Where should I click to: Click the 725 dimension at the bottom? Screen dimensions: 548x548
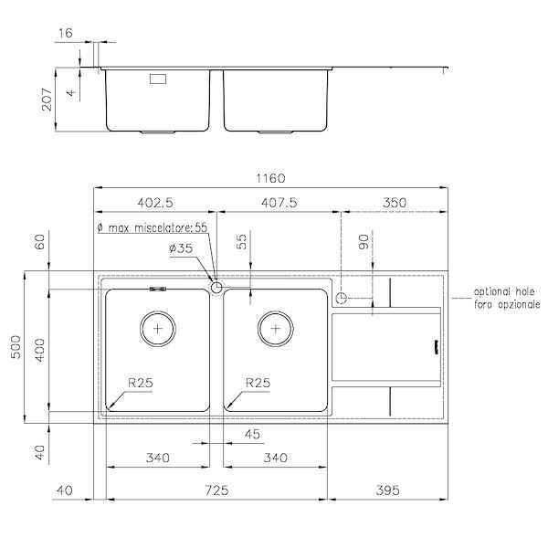tap(217, 491)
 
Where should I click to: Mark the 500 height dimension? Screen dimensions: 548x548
tap(12, 346)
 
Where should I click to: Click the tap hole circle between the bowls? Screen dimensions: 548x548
tap(216, 288)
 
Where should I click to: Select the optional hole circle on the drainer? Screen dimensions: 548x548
tap(342, 298)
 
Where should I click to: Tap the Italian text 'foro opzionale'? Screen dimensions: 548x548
tap(506, 303)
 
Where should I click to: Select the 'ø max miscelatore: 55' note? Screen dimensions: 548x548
tap(151, 227)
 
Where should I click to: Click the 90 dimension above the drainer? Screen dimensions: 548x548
tap(364, 243)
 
